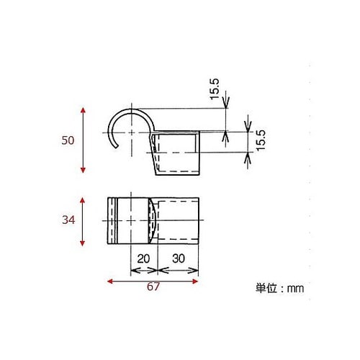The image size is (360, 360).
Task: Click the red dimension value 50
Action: click(68, 140)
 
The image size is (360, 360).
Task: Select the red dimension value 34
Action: click(68, 221)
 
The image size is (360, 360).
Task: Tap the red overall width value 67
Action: click(152, 287)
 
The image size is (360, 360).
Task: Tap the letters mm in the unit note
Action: click(296, 288)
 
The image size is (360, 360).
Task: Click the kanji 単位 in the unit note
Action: click(266, 288)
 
